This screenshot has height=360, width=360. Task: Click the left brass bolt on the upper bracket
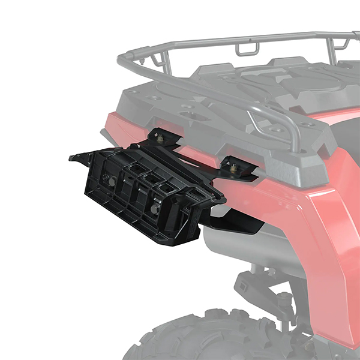[160, 139]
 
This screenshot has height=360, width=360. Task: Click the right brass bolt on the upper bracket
[233, 169]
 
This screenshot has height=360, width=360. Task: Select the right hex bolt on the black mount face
[156, 208]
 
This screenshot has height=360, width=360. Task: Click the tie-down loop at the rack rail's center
[245, 47]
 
